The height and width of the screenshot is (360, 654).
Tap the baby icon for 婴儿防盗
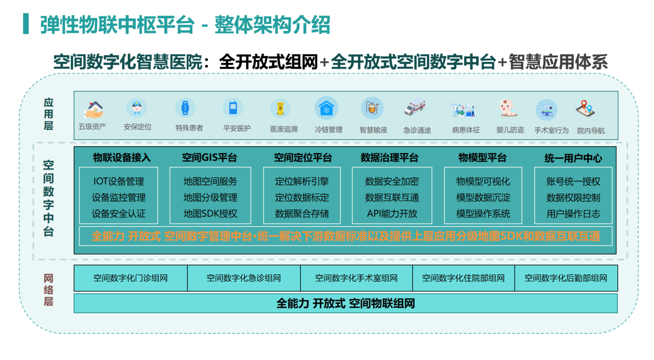coord(510,108)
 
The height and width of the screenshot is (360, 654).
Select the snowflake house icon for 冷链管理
coord(326,108)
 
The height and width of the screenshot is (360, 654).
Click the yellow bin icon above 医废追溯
coord(281,109)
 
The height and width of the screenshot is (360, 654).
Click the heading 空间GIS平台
coord(210,158)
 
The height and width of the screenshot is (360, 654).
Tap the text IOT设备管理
coord(119,181)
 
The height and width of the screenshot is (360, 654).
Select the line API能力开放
coord(392,214)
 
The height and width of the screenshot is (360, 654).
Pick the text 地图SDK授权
coord(210,214)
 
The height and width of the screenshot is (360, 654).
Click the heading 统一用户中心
coord(573,158)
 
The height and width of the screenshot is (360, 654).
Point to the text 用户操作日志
coord(573,214)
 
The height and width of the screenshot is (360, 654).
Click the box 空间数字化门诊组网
coord(130,278)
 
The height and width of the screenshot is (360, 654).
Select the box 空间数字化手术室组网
coord(356,278)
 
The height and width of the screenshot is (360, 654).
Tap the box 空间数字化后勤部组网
coord(565,278)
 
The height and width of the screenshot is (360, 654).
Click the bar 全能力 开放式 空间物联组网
coord(345,303)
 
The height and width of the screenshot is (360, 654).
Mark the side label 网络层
coord(49,289)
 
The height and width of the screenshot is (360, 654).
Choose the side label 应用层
coord(49,114)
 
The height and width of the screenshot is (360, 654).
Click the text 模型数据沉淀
coord(483,198)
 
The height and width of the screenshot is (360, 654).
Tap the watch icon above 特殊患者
coord(185,108)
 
